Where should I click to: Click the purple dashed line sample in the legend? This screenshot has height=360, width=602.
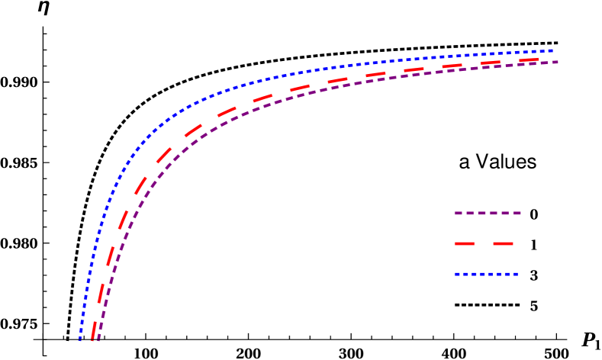click(488, 213)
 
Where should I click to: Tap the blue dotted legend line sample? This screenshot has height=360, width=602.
click(486, 274)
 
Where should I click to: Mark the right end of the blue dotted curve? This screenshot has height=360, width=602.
click(552, 51)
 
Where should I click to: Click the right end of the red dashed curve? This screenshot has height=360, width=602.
click(538, 59)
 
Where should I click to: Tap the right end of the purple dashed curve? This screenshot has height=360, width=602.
click(557, 62)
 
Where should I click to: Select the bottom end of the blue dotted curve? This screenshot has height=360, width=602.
click(79, 339)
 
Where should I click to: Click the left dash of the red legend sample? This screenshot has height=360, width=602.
click(465, 243)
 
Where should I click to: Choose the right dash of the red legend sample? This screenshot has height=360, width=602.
click(503, 243)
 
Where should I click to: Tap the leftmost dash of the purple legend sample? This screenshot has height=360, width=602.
click(459, 213)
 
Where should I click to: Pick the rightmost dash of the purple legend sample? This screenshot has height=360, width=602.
click(516, 213)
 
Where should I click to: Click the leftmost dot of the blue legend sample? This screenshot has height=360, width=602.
click(456, 274)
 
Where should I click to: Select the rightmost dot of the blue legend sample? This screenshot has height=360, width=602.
click(517, 274)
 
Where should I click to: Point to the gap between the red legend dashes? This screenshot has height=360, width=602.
click(484, 243)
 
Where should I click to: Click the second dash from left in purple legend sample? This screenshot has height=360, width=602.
click(473, 213)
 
